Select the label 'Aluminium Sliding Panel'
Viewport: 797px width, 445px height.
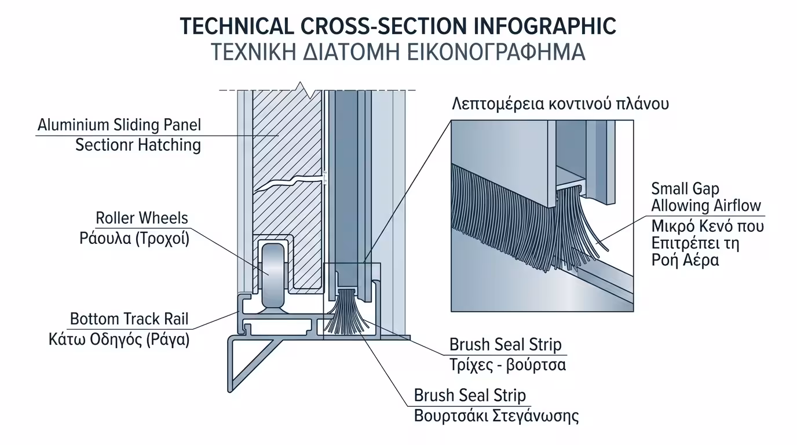(119, 125)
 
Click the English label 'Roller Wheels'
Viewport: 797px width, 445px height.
(142, 218)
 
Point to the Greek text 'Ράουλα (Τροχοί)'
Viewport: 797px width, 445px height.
(134, 239)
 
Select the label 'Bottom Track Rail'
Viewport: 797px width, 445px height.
(129, 319)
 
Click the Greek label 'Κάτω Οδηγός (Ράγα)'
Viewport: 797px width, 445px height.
(119, 340)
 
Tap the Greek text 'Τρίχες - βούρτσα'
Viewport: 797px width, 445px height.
(507, 365)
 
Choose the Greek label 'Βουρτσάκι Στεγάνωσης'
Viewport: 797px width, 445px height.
(496, 416)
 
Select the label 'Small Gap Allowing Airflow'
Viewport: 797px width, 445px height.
(705, 197)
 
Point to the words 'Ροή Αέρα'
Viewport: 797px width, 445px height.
(685, 260)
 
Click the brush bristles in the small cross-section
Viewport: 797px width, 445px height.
(346, 313)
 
